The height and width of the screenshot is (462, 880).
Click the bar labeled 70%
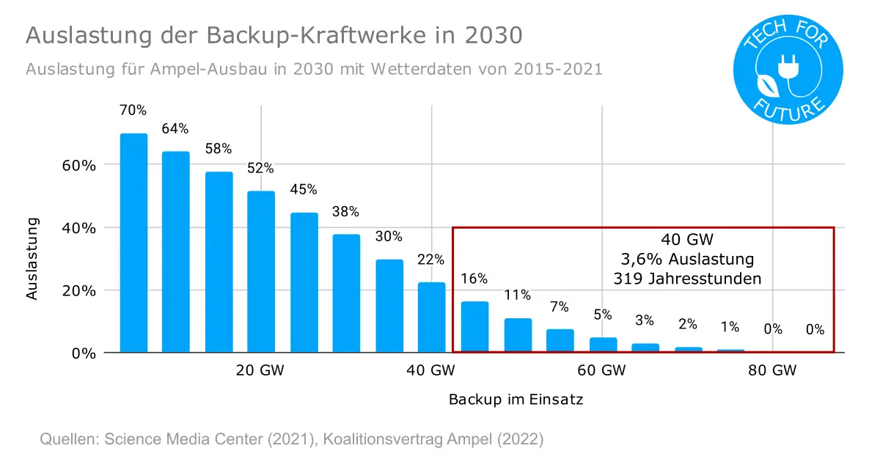(x=133, y=243)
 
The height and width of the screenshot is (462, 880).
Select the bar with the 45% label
(x=304, y=282)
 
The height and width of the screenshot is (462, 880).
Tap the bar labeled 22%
(x=432, y=317)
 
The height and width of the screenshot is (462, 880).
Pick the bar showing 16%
(x=474, y=326)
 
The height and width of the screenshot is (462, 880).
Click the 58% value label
(x=219, y=148)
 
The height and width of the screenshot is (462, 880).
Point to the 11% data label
(x=517, y=296)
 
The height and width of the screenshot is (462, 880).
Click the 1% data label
(x=730, y=327)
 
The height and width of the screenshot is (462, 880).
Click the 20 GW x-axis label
(x=260, y=370)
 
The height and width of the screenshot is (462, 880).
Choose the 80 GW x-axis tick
(x=772, y=370)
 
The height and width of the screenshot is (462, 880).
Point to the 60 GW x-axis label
(x=601, y=370)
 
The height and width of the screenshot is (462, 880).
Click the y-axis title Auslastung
(x=32, y=258)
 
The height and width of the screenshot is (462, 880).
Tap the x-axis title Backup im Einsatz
(x=516, y=400)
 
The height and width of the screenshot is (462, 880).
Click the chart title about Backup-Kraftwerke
(x=274, y=36)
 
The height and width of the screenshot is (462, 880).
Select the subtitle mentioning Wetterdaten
(x=314, y=70)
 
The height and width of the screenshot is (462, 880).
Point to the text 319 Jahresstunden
(x=687, y=279)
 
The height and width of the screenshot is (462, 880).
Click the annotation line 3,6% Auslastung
(x=687, y=259)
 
